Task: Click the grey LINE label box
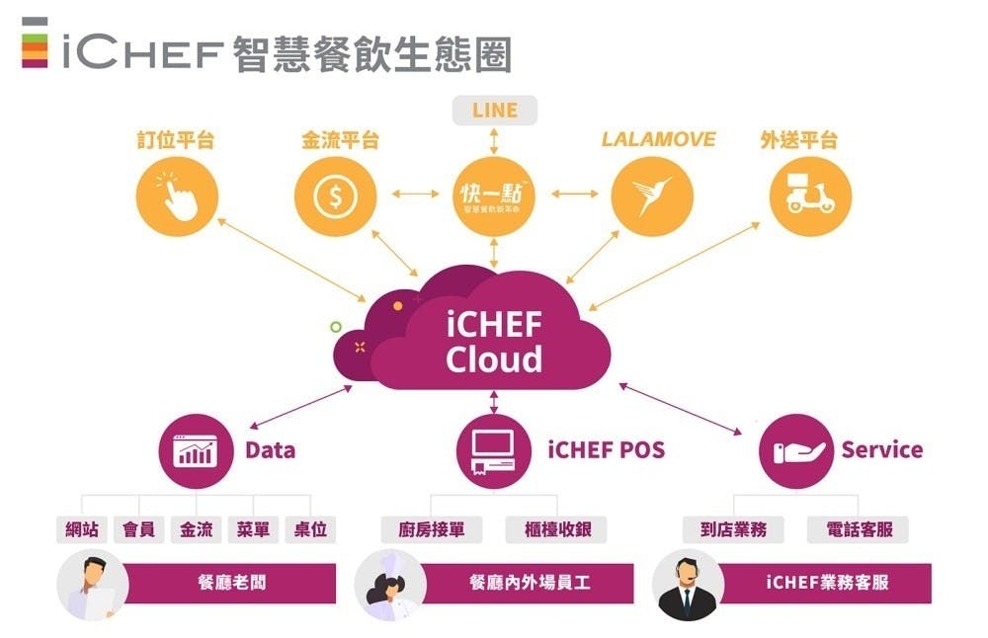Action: [x=494, y=110]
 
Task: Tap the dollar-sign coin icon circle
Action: [x=334, y=196]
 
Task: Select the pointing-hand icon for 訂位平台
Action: [x=175, y=196]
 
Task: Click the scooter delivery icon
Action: [x=810, y=196]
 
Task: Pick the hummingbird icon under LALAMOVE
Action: [x=651, y=196]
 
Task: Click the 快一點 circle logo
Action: [x=494, y=196]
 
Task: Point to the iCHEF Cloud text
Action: [x=494, y=341]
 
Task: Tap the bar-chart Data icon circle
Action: [x=196, y=452]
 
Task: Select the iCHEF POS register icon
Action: [x=494, y=452]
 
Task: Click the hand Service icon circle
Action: [x=796, y=452]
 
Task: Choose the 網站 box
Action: [x=81, y=529]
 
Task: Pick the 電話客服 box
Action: [x=859, y=529]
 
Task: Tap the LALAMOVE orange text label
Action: [x=658, y=139]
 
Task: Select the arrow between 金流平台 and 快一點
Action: [x=414, y=194]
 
